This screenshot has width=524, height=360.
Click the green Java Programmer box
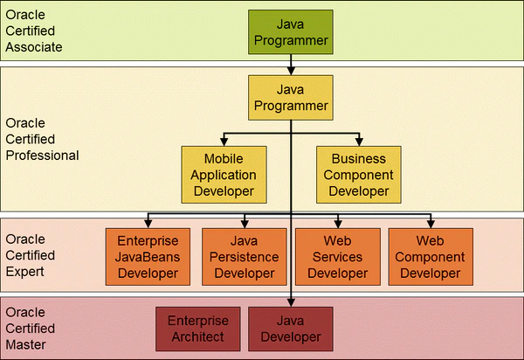pyautogui.click(x=291, y=31)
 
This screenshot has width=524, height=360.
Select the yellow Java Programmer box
pyautogui.click(x=291, y=98)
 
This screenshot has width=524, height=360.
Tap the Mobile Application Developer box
pyautogui.click(x=224, y=175)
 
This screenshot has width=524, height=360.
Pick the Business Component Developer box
pyautogui.click(x=359, y=175)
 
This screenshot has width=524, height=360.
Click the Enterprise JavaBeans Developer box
pyautogui.click(x=148, y=257)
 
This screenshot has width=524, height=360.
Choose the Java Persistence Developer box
pyautogui.click(x=245, y=257)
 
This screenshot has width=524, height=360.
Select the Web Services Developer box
pyautogui.click(x=337, y=257)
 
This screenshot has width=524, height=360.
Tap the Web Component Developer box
pyautogui.click(x=431, y=257)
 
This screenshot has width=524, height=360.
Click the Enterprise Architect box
pyautogui.click(x=198, y=329)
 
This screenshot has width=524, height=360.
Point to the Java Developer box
pyautogui.click(x=291, y=329)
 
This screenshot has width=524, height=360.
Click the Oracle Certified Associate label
pyautogui.click(x=34, y=31)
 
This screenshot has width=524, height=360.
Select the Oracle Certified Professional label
pyautogui.click(x=42, y=139)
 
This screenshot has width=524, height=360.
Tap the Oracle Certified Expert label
pyautogui.click(x=30, y=255)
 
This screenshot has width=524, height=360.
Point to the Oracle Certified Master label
pyautogui.click(x=30, y=329)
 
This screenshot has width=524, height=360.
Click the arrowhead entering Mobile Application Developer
pyautogui.click(x=224, y=142)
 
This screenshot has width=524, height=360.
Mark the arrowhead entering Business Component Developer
pyautogui.click(x=359, y=142)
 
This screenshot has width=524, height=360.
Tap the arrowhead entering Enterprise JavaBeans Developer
pyautogui.click(x=148, y=224)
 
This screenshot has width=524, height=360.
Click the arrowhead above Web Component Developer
pyautogui.click(x=431, y=224)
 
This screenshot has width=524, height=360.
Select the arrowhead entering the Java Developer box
pyautogui.click(x=291, y=302)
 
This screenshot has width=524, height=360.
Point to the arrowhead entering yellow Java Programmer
pyautogui.click(x=291, y=71)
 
